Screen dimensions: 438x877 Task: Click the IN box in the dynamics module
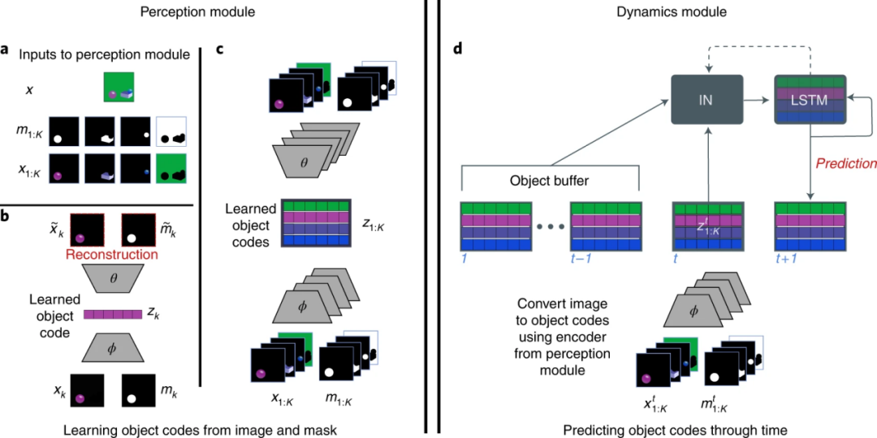click(707, 100)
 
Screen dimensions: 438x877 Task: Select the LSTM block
click(810, 100)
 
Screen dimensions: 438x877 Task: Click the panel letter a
click(6, 50)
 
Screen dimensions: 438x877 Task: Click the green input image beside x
click(119, 87)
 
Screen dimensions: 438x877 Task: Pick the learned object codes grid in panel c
click(315, 221)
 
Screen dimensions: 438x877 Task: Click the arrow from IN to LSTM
click(759, 100)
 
